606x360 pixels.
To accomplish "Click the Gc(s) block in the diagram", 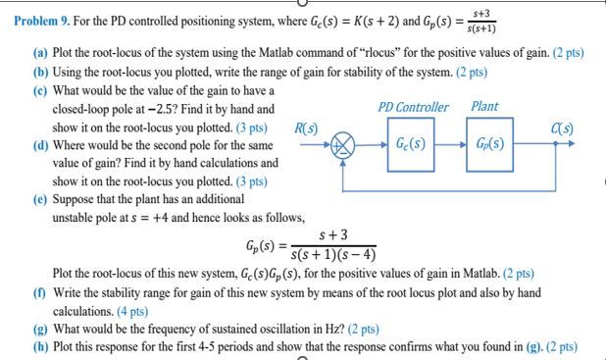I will [x=411, y=143].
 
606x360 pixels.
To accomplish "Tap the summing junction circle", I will [x=343, y=144].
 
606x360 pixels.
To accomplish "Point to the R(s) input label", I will [x=305, y=127].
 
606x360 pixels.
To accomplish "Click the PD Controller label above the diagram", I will [x=413, y=107].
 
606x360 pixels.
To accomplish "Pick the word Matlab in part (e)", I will [x=478, y=273].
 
